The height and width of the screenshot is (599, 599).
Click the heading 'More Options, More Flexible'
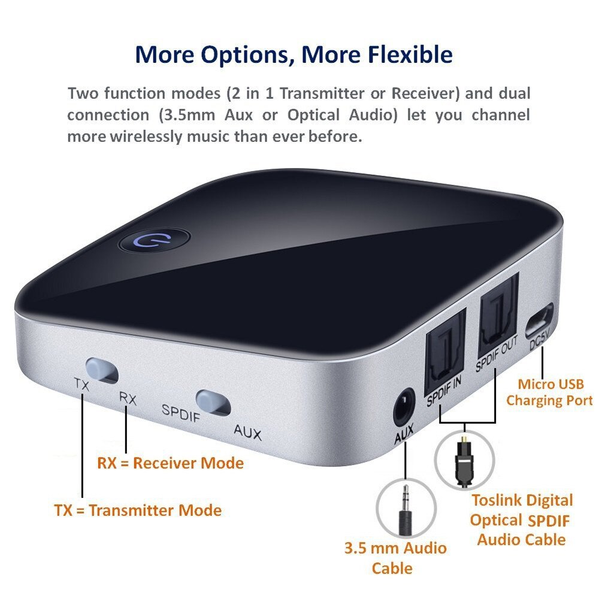click(294, 55)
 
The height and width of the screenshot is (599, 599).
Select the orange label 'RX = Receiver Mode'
click(170, 463)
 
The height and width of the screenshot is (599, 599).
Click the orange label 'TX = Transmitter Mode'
click(138, 510)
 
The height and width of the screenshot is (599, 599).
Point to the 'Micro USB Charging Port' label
click(549, 392)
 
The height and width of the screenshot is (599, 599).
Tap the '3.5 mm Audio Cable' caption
click(395, 558)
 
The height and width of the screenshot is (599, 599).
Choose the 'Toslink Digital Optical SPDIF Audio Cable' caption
click(521, 520)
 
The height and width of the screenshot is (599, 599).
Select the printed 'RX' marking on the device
click(128, 398)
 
